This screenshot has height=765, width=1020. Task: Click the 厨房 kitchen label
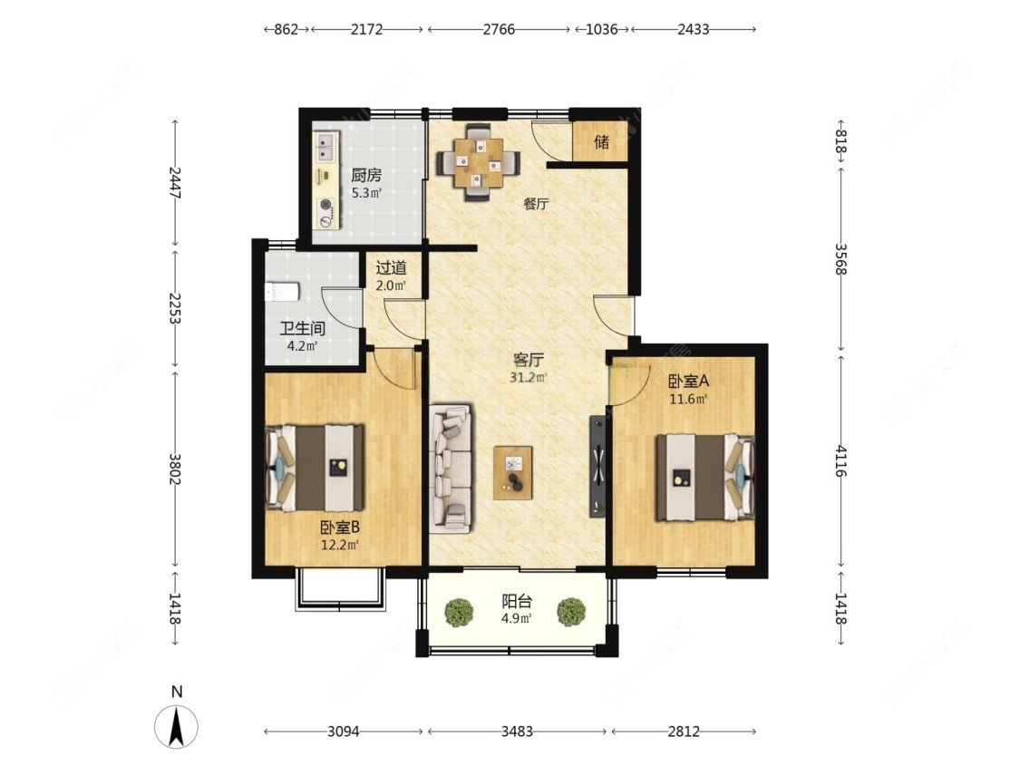pyautogui.click(x=366, y=175)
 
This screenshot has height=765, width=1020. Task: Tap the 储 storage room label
pyautogui.click(x=602, y=141)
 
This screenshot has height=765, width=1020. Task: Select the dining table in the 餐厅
pyautogui.click(x=479, y=162)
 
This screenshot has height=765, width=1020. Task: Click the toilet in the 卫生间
pyautogui.click(x=282, y=292)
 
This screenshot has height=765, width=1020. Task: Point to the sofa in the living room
pyautogui.click(x=451, y=469)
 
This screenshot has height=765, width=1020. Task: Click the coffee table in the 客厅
pyautogui.click(x=512, y=473)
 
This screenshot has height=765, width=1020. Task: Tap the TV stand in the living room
pyautogui.click(x=597, y=467)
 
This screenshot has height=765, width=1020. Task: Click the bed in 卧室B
pyautogui.click(x=315, y=468)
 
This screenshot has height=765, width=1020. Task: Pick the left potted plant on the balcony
pyautogui.click(x=460, y=612)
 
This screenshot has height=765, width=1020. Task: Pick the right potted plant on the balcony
pyautogui.click(x=571, y=612)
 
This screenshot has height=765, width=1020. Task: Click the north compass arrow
pyautogui.click(x=176, y=726)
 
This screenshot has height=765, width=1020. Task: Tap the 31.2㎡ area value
pyautogui.click(x=529, y=377)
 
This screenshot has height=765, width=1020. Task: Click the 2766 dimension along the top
pyautogui.click(x=499, y=29)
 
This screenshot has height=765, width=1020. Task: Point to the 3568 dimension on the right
pyautogui.click(x=841, y=259)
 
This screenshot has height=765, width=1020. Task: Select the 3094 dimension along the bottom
pyautogui.click(x=344, y=731)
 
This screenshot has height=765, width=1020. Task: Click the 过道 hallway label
pyautogui.click(x=392, y=267)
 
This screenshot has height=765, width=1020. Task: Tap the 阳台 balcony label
pyautogui.click(x=517, y=602)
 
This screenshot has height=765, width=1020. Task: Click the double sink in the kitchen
pyautogui.click(x=326, y=147)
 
